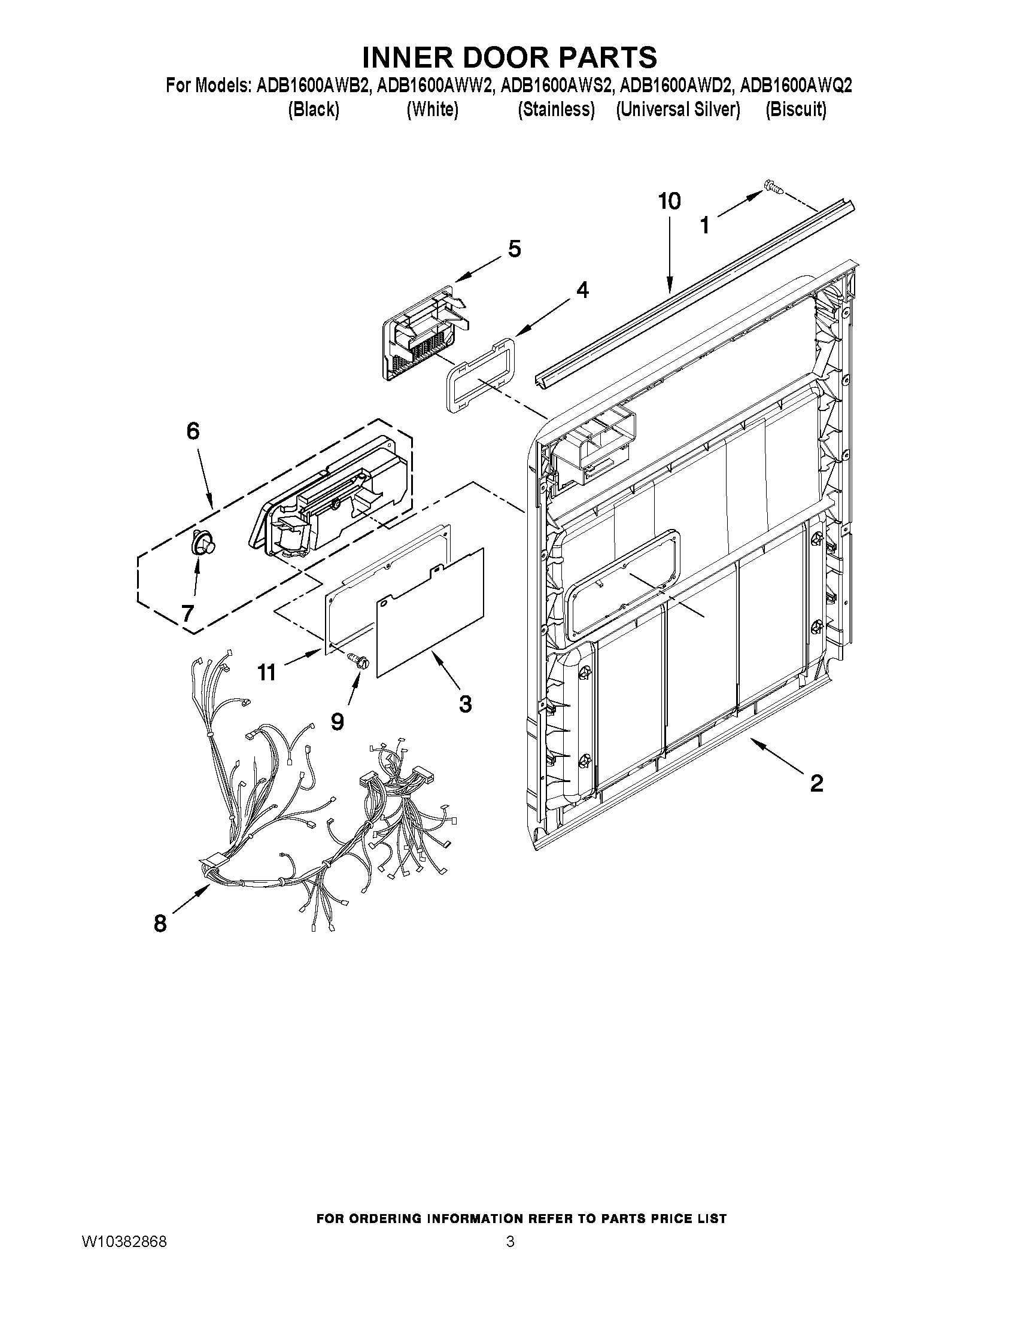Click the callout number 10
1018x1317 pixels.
(670, 202)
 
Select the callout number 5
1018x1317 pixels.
(514, 249)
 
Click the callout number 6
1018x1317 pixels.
(192, 431)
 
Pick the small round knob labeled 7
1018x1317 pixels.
(203, 543)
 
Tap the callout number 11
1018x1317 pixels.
(266, 673)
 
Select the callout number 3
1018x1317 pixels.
(465, 704)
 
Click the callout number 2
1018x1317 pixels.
(816, 783)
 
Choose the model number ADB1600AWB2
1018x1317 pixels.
(312, 86)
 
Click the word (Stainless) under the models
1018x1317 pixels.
(556, 110)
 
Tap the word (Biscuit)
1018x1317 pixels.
(795, 110)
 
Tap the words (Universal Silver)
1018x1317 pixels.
(677, 110)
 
